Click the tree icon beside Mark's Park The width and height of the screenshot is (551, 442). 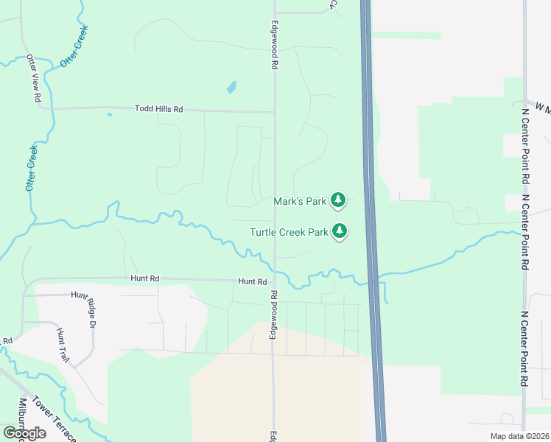point(338,200)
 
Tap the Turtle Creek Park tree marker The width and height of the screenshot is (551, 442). point(340,231)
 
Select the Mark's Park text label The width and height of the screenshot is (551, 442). point(299,201)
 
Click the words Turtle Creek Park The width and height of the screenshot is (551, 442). point(289,232)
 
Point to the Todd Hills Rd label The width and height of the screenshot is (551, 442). point(158,109)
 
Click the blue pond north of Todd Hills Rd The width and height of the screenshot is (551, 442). point(232,87)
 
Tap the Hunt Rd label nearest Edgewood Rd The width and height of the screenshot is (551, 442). point(252,281)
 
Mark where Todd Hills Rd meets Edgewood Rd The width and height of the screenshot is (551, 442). point(275,112)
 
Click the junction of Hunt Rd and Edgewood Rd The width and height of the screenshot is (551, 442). point(274,281)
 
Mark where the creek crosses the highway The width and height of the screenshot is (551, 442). point(373,278)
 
